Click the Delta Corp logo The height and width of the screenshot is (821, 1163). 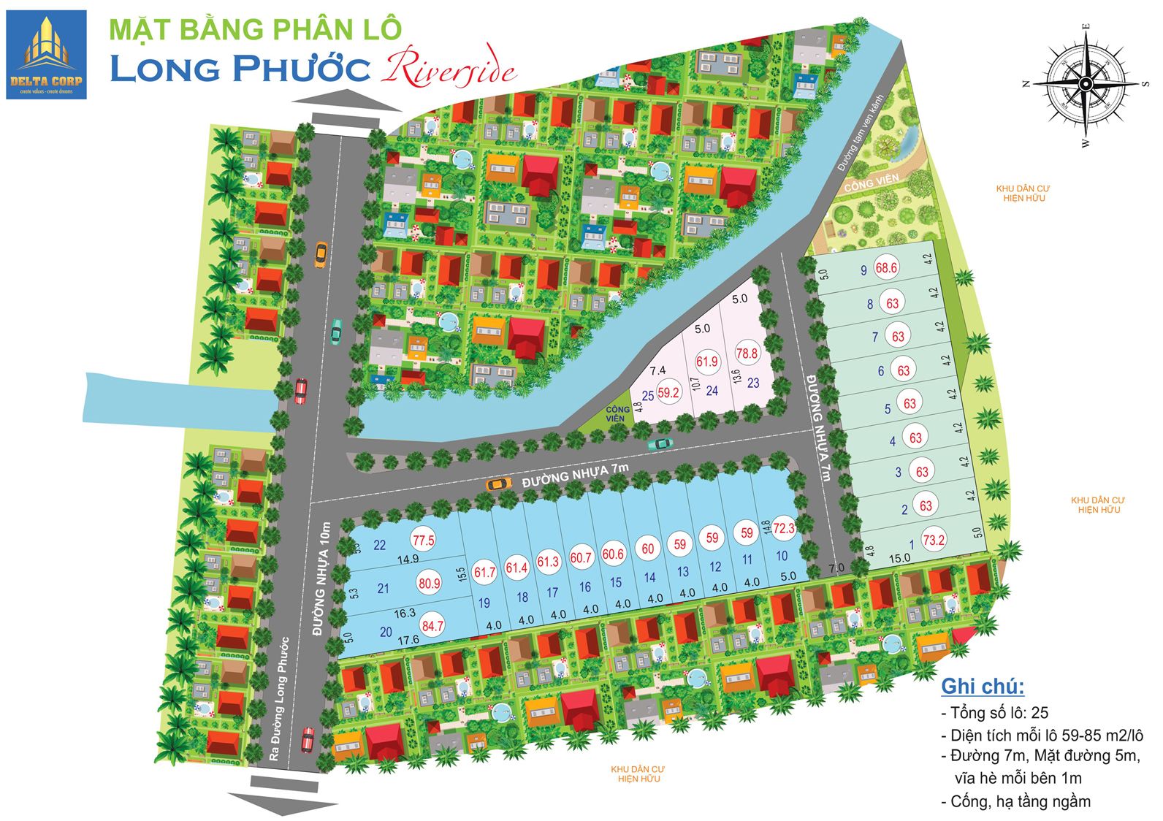click(x=46, y=55)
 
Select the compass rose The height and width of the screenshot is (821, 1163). click(x=1085, y=85)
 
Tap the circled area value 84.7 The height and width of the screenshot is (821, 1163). click(x=432, y=626)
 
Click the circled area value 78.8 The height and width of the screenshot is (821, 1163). click(x=747, y=354)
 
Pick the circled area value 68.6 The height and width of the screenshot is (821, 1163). click(x=886, y=268)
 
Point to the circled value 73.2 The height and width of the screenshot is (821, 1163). click(x=934, y=541)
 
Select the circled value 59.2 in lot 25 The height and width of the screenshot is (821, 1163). click(x=668, y=392)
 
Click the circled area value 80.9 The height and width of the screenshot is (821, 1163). click(x=430, y=584)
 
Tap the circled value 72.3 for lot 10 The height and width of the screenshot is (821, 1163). click(x=784, y=528)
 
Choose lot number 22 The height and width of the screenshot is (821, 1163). click(x=379, y=545)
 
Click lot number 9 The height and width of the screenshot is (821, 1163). click(x=863, y=270)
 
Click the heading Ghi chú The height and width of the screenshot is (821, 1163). click(x=983, y=687)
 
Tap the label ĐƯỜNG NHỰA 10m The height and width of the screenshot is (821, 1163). click(x=324, y=578)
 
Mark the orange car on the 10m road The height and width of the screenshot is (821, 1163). click(x=320, y=253)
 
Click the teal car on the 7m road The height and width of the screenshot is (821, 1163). click(x=660, y=443)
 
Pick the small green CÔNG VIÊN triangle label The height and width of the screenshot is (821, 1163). click(x=616, y=414)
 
